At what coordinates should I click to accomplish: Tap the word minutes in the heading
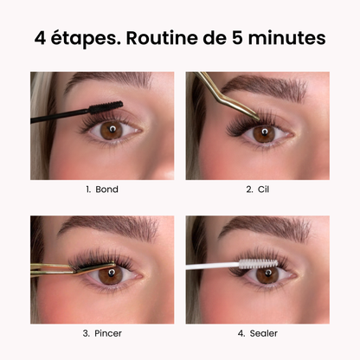point(286,38)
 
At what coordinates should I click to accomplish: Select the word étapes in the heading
point(86,39)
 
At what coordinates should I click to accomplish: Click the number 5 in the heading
point(237,38)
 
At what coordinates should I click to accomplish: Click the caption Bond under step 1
point(106,190)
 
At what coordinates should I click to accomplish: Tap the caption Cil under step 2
point(263,190)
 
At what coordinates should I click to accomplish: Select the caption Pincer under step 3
point(108,333)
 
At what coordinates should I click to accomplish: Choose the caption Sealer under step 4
point(264,333)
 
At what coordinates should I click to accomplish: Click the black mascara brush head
point(106,107)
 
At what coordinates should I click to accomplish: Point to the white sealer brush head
point(258,264)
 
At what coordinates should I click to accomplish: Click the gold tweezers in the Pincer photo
point(72,268)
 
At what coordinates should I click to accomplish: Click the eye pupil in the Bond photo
point(112,128)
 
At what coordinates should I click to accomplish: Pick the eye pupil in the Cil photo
point(265,132)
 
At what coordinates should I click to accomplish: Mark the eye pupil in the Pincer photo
point(112,272)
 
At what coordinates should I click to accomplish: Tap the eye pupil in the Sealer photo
point(268,273)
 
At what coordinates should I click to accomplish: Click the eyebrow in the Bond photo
point(110,80)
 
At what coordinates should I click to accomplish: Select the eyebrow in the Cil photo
point(264,86)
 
